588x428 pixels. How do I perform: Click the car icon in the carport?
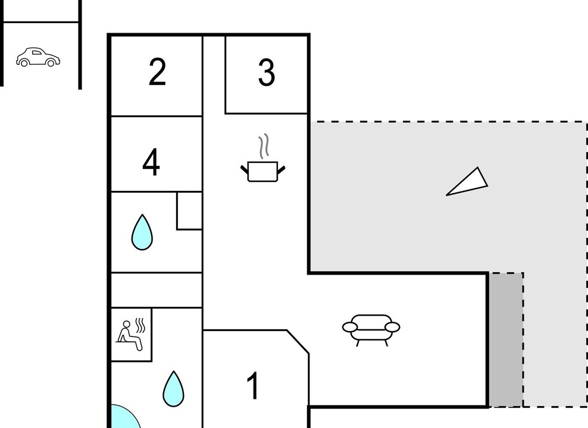[38, 57]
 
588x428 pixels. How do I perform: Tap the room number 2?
[157, 73]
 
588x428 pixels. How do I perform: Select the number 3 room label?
[266, 73]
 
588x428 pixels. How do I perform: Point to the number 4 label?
[151, 162]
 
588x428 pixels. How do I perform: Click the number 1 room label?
[254, 386]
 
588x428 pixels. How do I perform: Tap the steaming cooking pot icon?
[263, 158]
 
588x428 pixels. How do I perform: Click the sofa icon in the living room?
[371, 330]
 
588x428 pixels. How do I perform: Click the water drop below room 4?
[142, 232]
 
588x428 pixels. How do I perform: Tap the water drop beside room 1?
[174, 389]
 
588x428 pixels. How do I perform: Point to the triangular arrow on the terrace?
[467, 182]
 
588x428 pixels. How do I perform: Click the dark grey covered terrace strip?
[506, 339]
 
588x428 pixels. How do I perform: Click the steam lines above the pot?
[264, 146]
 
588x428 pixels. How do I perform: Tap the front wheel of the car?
[51, 63]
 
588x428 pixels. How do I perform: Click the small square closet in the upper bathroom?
[190, 211]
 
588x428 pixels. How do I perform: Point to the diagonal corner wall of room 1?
[298, 341]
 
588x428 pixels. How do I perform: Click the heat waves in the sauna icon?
[140, 326]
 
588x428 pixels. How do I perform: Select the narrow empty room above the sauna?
[157, 290]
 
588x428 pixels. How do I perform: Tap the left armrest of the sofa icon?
[350, 328]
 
